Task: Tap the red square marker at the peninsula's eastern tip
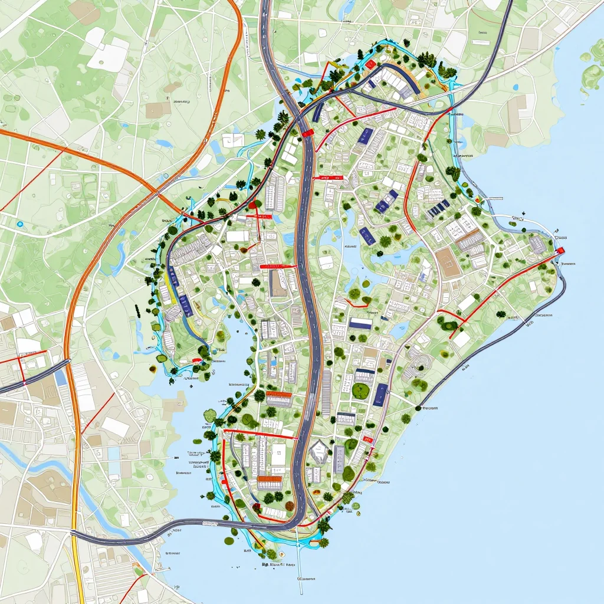pos(560,250)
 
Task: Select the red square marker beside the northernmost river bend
pos(370,63)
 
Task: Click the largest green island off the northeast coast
pos(592,77)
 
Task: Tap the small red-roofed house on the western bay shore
pos(197,359)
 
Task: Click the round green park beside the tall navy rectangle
pos(360,390)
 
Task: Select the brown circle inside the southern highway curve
pos(256,506)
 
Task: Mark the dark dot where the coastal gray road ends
pos(420,407)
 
